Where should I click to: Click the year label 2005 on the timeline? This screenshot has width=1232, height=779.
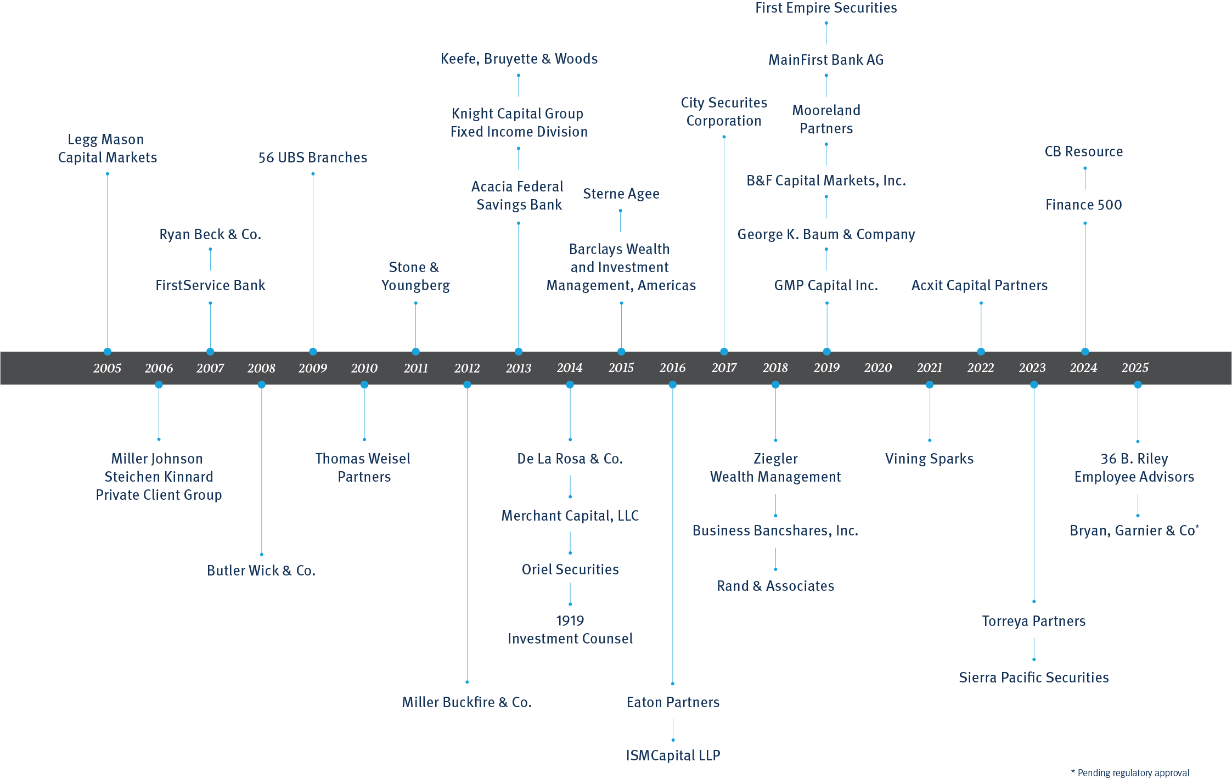(x=107, y=368)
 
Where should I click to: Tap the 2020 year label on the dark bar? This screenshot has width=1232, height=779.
(x=878, y=368)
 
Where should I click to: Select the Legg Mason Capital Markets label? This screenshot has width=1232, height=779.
(x=107, y=149)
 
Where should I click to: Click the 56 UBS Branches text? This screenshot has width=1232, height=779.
(x=313, y=157)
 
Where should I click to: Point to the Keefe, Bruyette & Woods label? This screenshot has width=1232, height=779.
(x=519, y=59)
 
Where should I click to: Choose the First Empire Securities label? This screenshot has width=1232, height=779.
(x=826, y=8)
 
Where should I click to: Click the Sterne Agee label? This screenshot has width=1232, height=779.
(x=621, y=194)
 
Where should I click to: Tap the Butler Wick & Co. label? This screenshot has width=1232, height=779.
(x=261, y=571)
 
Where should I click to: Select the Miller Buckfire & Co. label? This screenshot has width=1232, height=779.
(x=466, y=702)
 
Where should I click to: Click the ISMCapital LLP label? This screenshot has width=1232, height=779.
(x=673, y=755)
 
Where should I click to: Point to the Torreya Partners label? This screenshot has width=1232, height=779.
(x=1033, y=621)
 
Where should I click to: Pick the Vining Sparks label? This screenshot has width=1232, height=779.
(x=929, y=459)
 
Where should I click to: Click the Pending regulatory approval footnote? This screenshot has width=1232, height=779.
(x=1132, y=772)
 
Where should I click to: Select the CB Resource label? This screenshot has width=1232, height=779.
(x=1084, y=151)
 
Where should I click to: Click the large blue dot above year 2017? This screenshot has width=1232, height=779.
(x=724, y=352)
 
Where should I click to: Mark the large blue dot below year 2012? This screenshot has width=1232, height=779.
(x=467, y=385)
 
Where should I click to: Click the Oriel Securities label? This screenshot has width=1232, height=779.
(x=570, y=569)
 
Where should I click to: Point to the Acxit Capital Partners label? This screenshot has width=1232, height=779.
(x=980, y=285)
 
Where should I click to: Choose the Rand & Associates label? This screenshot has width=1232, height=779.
(x=775, y=586)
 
